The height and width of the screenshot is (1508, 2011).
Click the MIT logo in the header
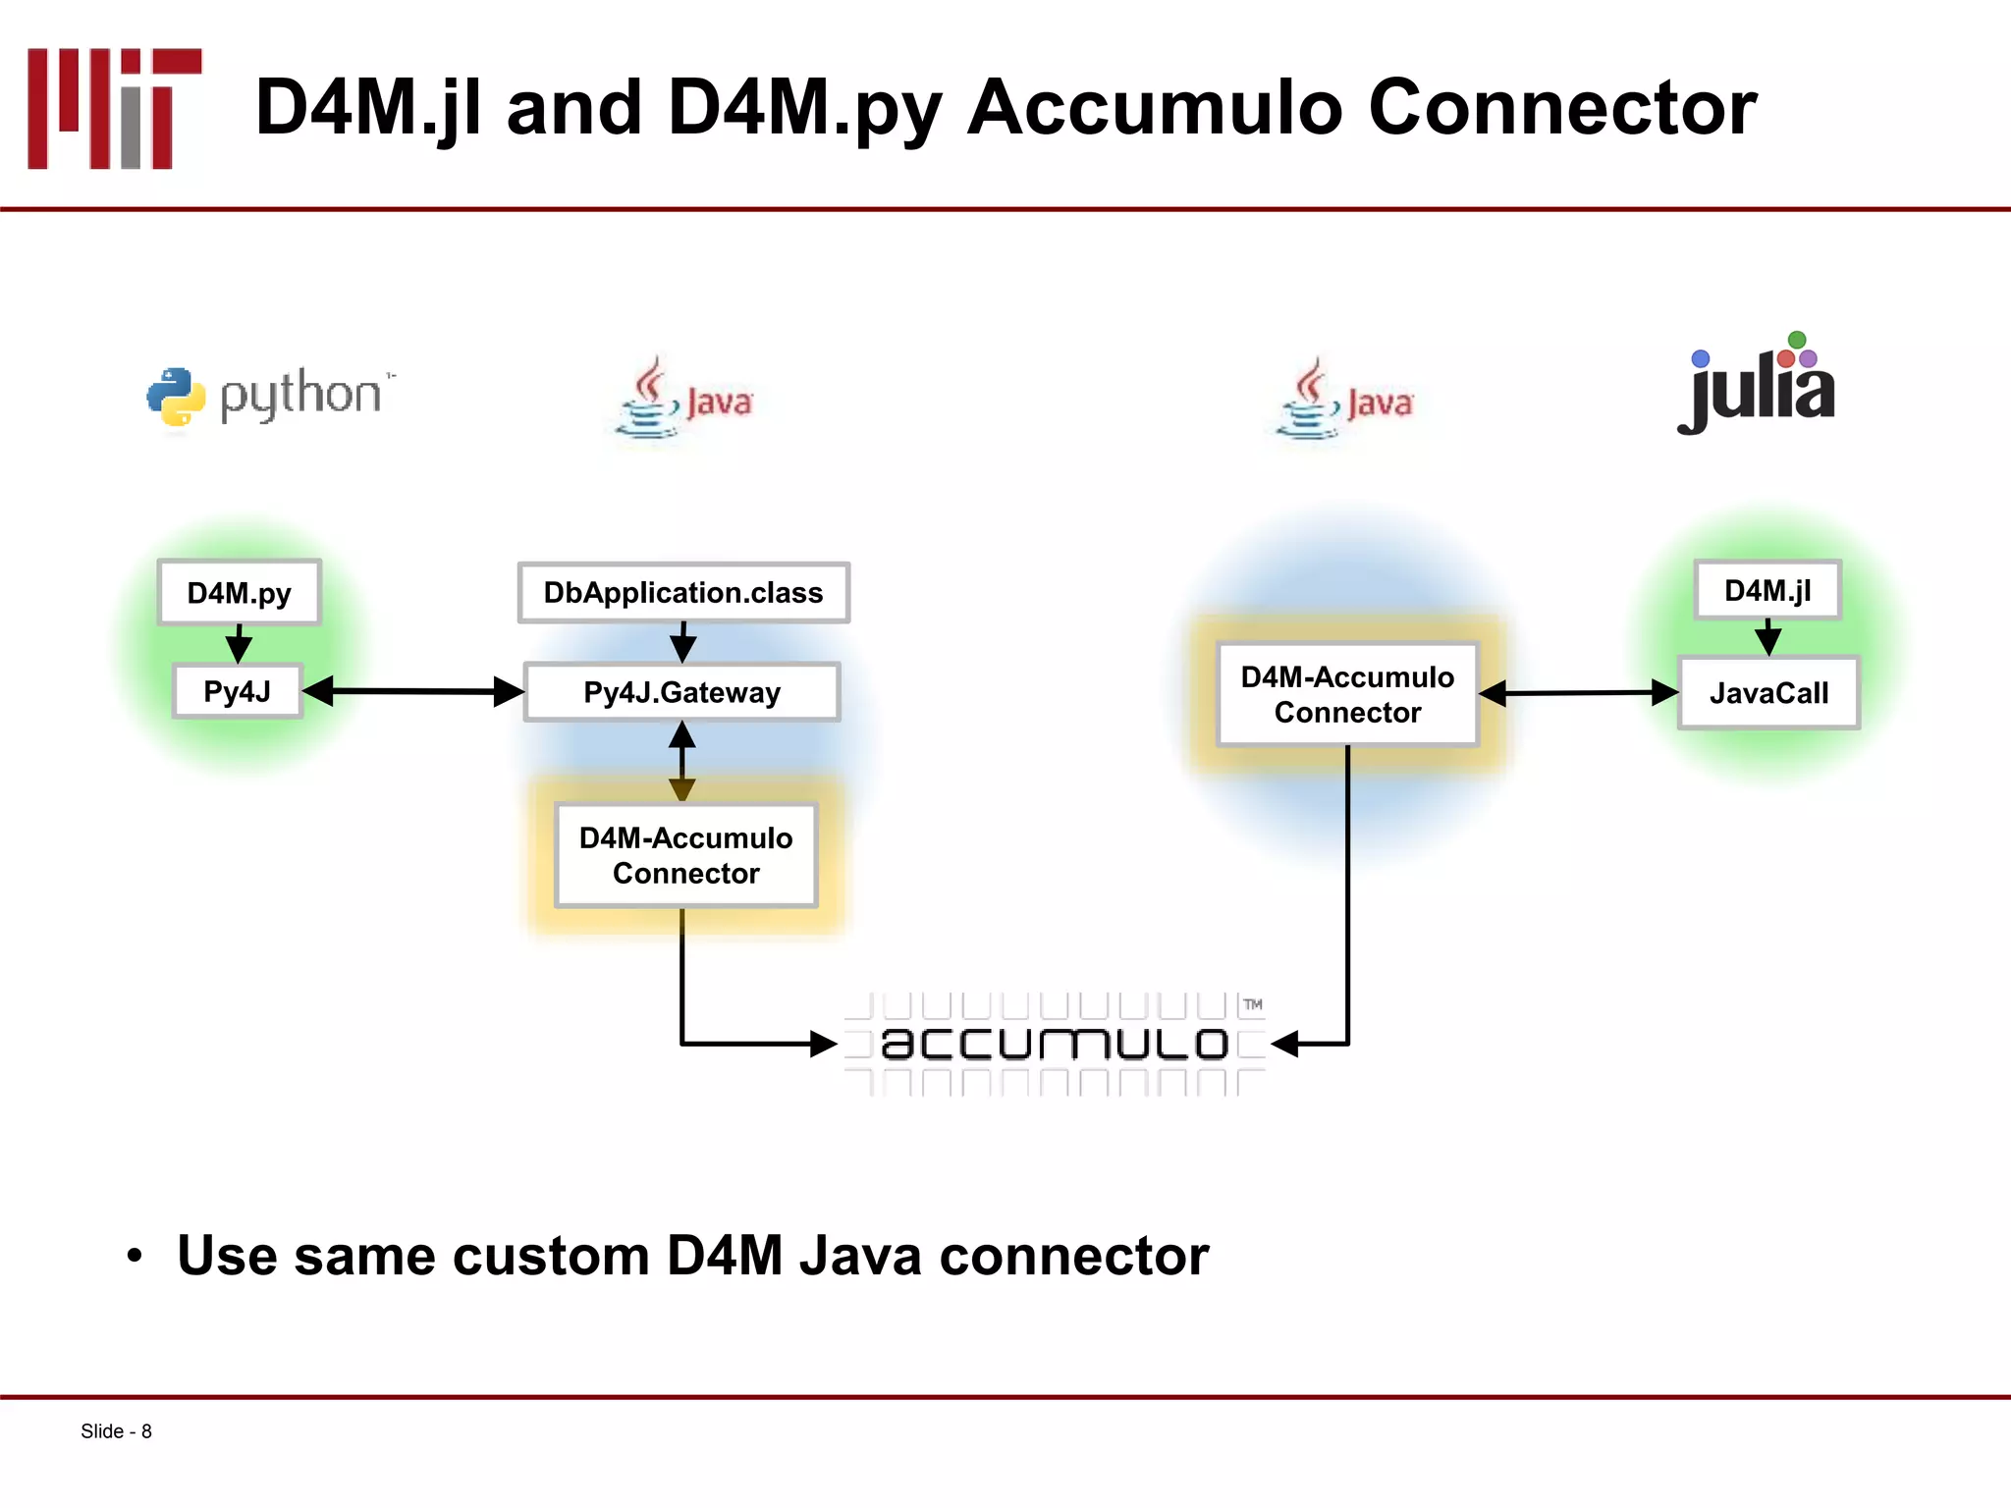click(x=114, y=108)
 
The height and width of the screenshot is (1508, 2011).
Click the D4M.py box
click(x=240, y=592)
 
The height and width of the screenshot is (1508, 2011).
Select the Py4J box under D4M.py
click(x=237, y=691)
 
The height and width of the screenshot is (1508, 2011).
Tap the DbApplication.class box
click(x=683, y=592)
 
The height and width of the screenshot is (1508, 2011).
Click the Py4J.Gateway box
click(x=681, y=692)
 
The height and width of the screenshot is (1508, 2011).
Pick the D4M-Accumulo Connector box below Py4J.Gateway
click(x=685, y=855)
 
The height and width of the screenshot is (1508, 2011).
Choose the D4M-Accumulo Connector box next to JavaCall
click(x=1347, y=694)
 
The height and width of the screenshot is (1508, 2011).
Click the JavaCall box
click(x=1768, y=693)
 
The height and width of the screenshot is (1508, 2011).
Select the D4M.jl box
click(x=1767, y=590)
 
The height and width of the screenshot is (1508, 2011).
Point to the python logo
click(x=270, y=396)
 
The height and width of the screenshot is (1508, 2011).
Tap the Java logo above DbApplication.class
click(x=683, y=399)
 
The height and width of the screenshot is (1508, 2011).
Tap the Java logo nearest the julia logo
click(x=1344, y=400)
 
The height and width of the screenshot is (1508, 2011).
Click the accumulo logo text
click(x=1055, y=1043)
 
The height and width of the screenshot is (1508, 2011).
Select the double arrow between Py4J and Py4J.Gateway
click(x=413, y=691)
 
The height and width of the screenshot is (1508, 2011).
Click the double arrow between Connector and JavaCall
click(x=1579, y=693)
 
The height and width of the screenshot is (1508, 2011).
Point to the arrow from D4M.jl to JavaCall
click(x=1767, y=637)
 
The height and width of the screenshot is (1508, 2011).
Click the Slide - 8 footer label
click(x=116, y=1431)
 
